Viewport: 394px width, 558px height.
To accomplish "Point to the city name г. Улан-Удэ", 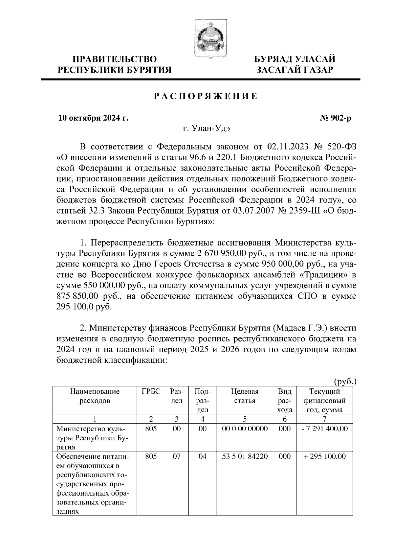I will pos(206,129).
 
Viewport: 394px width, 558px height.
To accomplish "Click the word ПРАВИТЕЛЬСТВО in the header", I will pos(115,59).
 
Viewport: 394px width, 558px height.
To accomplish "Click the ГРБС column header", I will pos(151,391).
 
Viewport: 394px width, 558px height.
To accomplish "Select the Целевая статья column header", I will pos(245,396).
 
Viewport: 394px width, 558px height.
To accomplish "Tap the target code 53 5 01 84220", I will pos(245,456).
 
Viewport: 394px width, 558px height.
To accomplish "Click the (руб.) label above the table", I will pos(345,382).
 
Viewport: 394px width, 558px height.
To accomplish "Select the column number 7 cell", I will pos(324,419).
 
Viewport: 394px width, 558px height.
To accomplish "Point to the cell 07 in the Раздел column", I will pos(177,456).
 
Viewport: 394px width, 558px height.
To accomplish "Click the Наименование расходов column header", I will pos(95,396).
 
